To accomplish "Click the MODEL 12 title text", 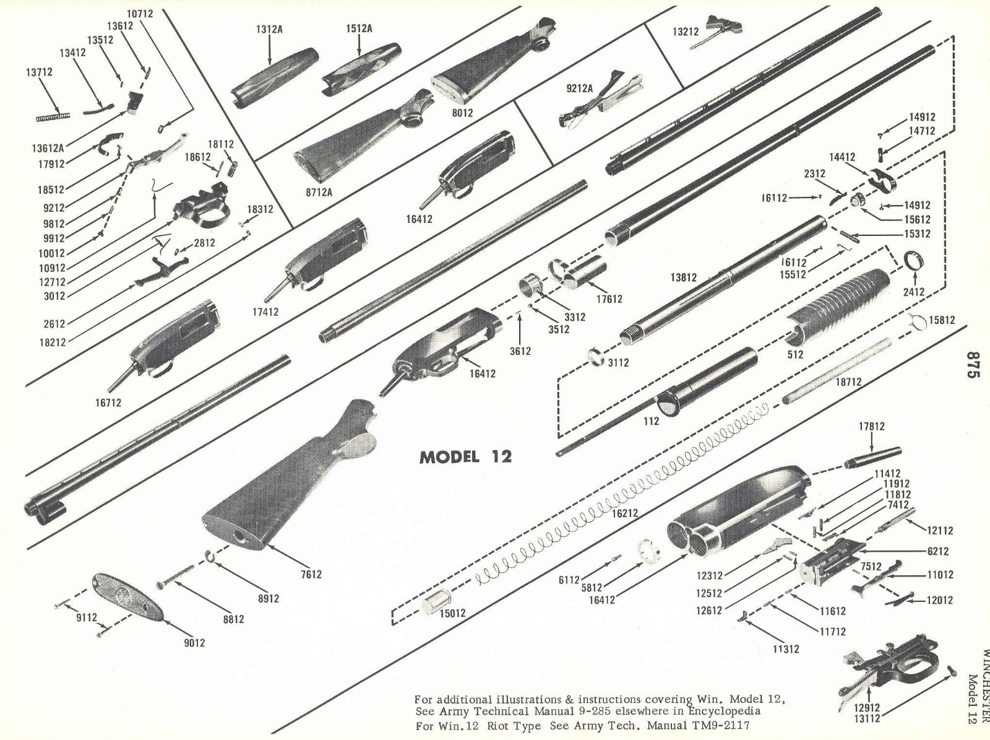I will click(x=465, y=457).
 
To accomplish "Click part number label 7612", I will click(x=311, y=574).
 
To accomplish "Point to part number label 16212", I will click(x=624, y=513).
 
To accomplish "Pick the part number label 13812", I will click(x=683, y=277).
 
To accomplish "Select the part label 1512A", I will click(x=359, y=29).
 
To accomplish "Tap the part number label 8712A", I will click(x=319, y=192).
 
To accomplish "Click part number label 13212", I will click(x=686, y=32).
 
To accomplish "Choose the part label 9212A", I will click(x=579, y=89).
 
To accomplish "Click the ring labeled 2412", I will click(x=915, y=260).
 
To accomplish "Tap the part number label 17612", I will click(x=609, y=298).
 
